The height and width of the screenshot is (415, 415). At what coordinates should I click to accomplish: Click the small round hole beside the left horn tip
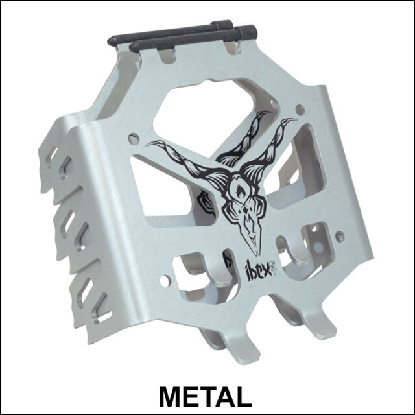[133, 138]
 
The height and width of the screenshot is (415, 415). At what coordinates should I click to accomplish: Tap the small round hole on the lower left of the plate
[167, 280]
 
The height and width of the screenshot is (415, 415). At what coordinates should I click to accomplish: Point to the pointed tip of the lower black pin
[132, 47]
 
